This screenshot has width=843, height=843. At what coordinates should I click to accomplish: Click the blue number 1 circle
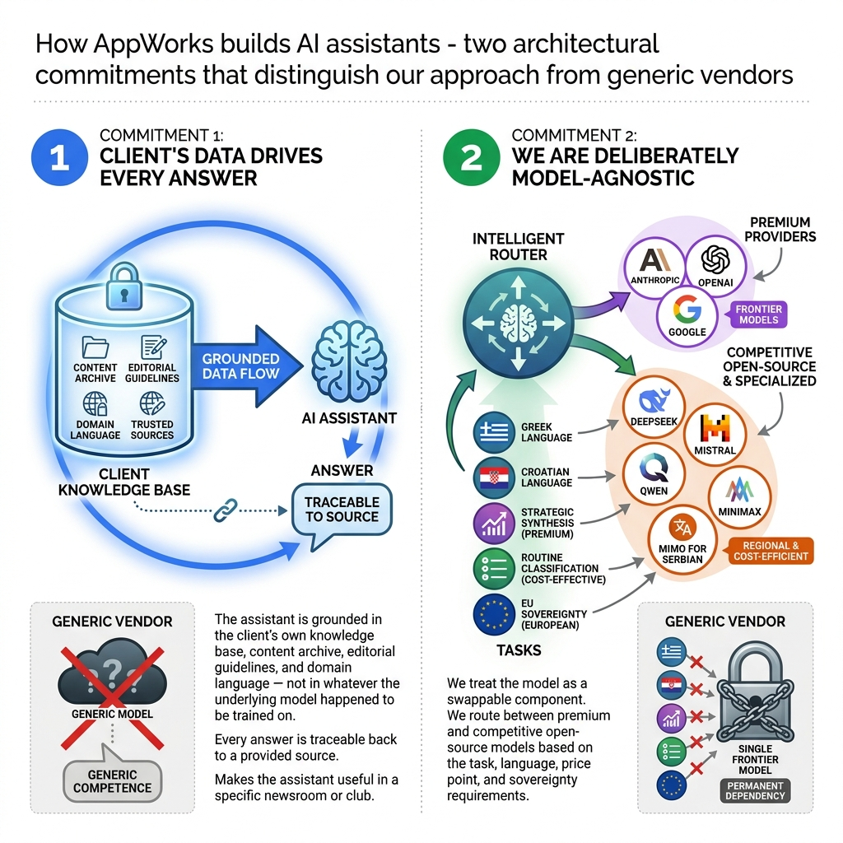pos(59,158)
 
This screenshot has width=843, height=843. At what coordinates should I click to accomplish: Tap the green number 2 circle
pos(472,158)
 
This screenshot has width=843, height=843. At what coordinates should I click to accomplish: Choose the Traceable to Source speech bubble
pos(342,510)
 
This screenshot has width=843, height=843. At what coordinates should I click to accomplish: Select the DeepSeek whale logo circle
pos(650,406)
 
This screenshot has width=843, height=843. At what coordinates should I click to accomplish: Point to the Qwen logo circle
pos(652,473)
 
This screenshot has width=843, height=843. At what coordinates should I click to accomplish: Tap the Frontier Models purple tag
pos(758,313)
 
